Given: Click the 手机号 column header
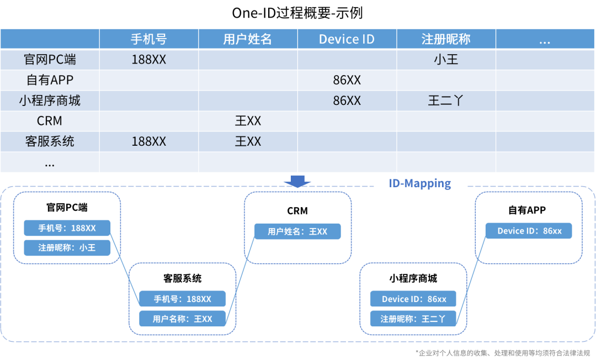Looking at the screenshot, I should (148, 39).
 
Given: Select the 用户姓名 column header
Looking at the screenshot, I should (248, 39).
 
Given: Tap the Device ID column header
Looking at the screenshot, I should (347, 39).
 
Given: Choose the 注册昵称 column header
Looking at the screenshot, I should (446, 39).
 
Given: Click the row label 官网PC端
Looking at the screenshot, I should (50, 60).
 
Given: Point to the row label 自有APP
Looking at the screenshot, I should (50, 80).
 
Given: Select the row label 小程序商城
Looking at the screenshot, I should (50, 100).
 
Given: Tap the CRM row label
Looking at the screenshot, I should (50, 121).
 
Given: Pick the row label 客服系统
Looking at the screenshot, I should (50, 141).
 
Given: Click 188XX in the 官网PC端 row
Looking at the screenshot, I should (148, 60).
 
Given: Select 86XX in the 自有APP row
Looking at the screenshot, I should (347, 80).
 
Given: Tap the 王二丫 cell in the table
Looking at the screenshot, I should (446, 100).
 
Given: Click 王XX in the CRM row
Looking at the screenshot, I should (248, 121).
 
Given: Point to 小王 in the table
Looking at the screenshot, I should (446, 60).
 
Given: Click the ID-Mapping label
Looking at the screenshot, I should (419, 183).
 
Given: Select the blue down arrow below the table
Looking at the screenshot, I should (297, 181).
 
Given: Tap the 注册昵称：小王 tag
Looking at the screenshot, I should (67, 248).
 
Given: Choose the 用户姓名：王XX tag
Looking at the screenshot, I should (297, 231).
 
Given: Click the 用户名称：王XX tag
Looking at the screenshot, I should (182, 319).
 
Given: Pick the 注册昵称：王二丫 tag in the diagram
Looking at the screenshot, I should (413, 319).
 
